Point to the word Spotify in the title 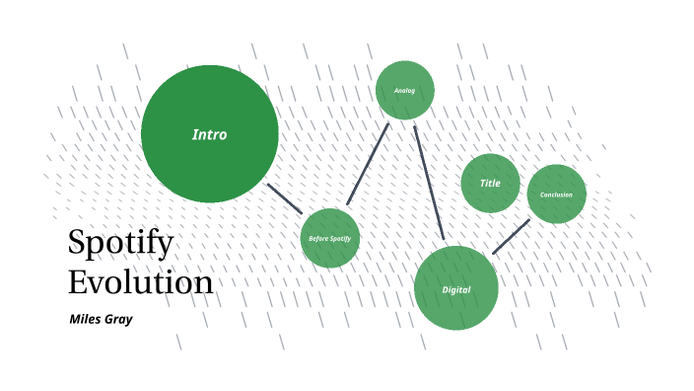coord(120,242)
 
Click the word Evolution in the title coord(140,281)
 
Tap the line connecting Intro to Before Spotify coord(285,197)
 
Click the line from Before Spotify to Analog coord(368,163)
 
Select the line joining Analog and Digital coord(429,183)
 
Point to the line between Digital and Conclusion coord(511,237)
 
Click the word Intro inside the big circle coord(209,134)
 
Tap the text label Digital coord(455,289)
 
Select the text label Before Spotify coord(329,238)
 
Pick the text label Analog coord(404,91)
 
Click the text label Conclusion coord(556,195)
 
